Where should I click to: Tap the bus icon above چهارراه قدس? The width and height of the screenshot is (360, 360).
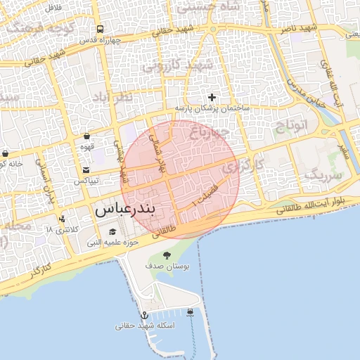(101, 30)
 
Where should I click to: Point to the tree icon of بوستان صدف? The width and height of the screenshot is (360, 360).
(167, 255)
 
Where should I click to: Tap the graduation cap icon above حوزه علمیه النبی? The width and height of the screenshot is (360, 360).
(112, 231)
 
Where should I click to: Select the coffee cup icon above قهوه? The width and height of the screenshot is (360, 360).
(86, 136)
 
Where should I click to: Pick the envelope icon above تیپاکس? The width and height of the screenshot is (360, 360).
(86, 169)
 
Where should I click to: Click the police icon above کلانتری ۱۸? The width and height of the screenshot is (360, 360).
(63, 219)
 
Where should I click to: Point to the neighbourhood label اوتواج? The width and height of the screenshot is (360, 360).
(297, 127)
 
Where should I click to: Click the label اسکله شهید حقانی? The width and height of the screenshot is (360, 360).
(145, 326)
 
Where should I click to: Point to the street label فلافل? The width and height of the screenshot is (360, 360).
(52, 6)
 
